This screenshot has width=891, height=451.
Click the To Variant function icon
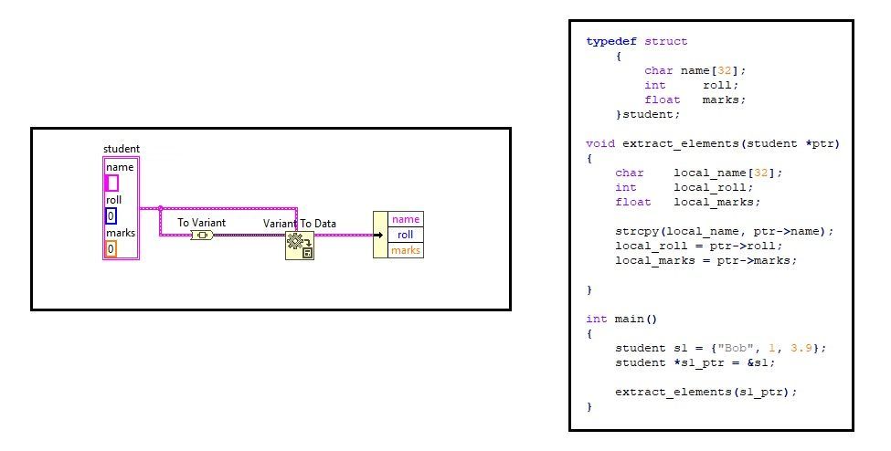202,236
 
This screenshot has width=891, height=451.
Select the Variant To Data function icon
300,245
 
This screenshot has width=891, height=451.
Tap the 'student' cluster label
122,149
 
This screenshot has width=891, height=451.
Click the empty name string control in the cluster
112,183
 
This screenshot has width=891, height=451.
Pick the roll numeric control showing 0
111,216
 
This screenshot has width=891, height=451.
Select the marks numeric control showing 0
111,248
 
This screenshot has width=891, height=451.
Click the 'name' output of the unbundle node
406,219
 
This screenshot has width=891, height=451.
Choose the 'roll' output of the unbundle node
406,235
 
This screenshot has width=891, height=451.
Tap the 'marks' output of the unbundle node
406,250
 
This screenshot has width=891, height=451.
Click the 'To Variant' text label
201,223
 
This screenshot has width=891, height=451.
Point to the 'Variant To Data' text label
300,224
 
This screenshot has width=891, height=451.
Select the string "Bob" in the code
715,348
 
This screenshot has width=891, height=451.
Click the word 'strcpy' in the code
636,231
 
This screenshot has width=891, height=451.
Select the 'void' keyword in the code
599,143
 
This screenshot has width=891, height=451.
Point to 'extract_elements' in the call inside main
673,392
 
